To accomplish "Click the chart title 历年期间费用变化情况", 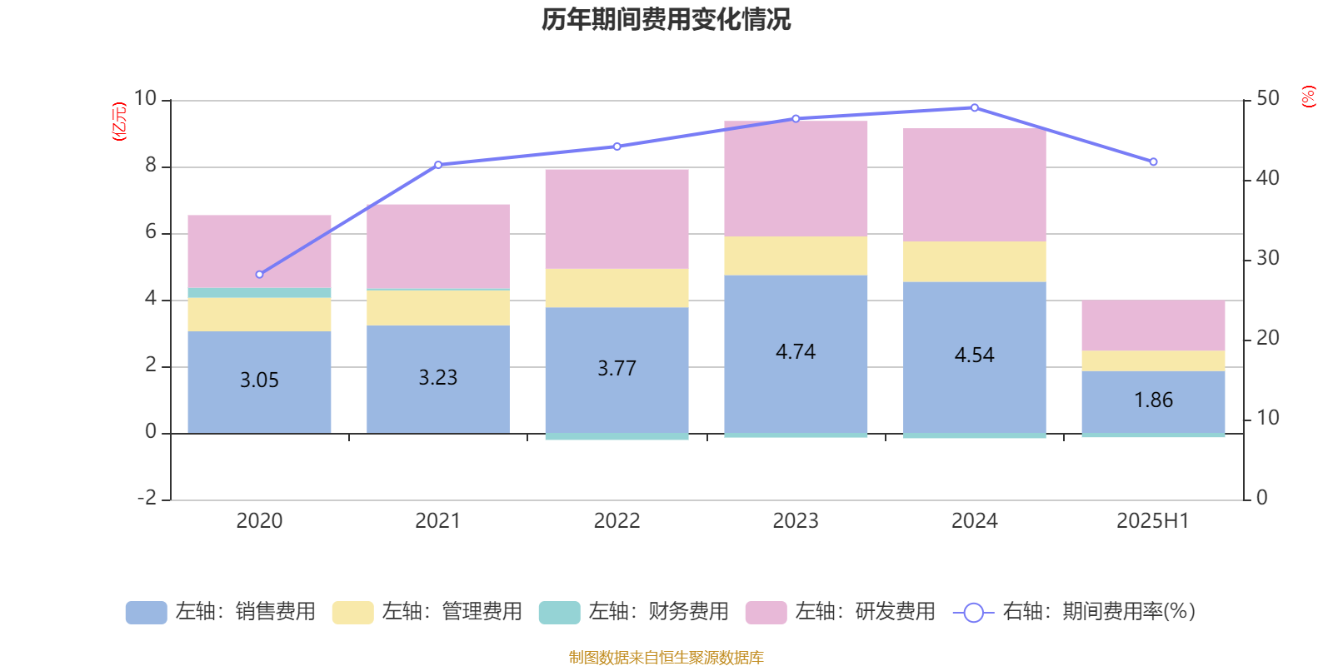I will (666, 19).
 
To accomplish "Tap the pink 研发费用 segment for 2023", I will (796, 178).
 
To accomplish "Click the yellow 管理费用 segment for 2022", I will (617, 288).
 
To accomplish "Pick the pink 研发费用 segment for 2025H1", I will (1153, 326).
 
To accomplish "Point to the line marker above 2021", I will (438, 165).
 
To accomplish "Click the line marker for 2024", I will (975, 107).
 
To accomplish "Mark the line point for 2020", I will (259, 274).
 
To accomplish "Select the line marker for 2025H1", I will (1154, 162).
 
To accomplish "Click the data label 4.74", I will (796, 352).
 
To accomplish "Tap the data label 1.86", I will (1153, 400).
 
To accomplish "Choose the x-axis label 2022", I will (617, 521).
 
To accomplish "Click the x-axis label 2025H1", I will (1153, 521).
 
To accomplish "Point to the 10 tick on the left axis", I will (145, 99).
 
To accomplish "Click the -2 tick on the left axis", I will (147, 498).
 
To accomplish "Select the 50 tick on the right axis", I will (1267, 99).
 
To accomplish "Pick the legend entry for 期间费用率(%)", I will (1075, 612).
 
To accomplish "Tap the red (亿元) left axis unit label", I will (120, 122).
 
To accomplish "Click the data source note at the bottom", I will (666, 658).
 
